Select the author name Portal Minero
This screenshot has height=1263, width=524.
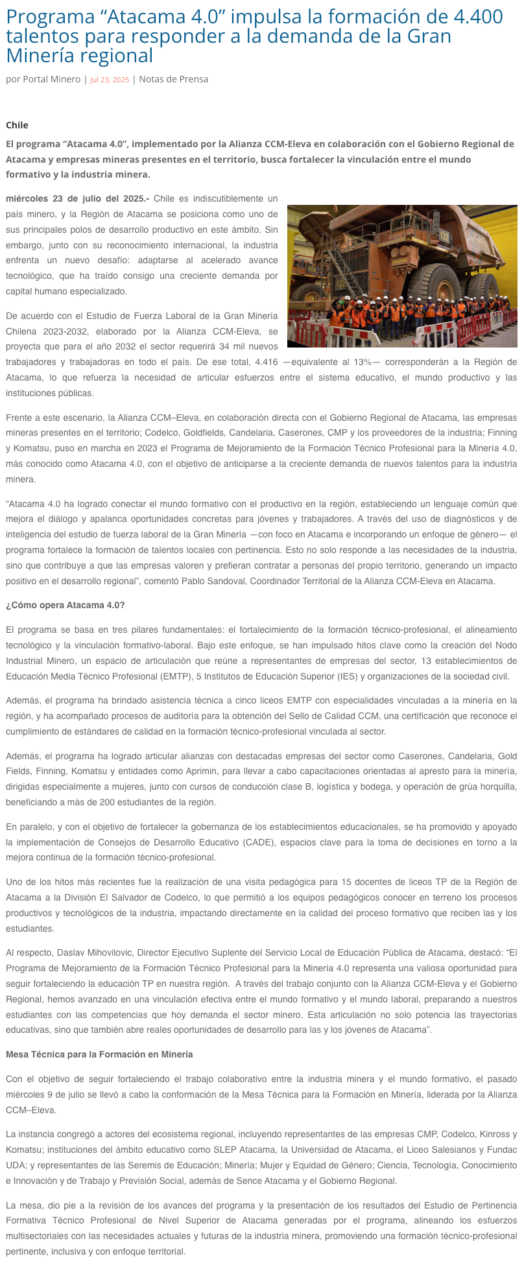coord(51,79)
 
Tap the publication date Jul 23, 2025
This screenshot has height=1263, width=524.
coord(110,80)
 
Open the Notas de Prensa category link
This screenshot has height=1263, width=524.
coord(174,79)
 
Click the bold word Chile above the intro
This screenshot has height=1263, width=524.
coord(17,125)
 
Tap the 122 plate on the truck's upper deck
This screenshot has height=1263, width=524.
coord(444,237)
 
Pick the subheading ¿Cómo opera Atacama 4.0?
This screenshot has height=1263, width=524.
coord(65,605)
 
